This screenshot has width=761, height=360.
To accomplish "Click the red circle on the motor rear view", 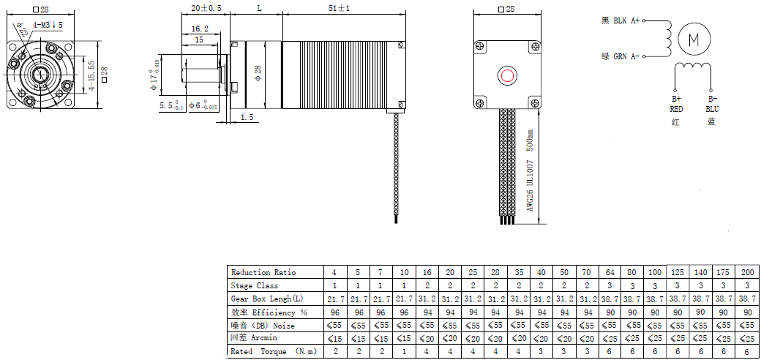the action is (507, 75).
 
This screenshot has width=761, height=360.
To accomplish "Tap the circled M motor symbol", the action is (694, 40).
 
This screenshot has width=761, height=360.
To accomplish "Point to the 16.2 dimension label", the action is (200, 29).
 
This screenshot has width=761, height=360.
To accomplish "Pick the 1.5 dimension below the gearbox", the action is (247, 117).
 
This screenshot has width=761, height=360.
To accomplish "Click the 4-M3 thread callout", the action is (48, 24).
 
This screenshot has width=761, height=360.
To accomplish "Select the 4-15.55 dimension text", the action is (91, 75).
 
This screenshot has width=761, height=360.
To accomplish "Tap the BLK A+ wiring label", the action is (621, 21).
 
